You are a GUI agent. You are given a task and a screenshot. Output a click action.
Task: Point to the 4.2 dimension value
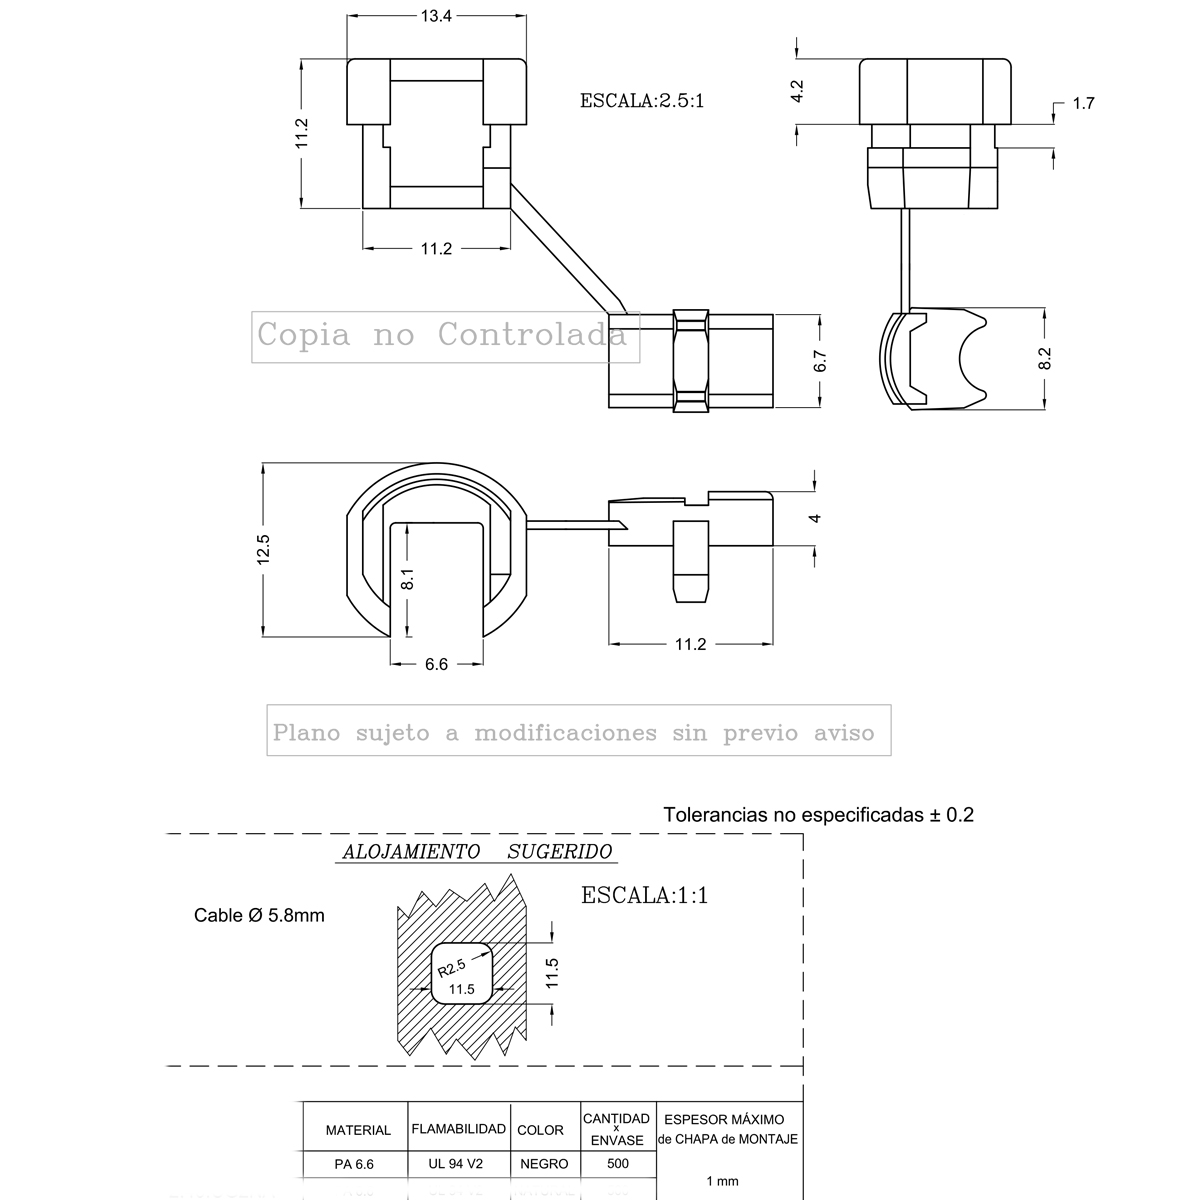797,92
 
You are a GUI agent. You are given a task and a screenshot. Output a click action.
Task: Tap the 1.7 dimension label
1083,103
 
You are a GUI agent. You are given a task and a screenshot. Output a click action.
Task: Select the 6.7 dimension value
821,362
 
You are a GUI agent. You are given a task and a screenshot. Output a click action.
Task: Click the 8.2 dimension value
1045,359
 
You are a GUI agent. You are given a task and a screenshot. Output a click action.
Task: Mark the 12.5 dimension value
263,549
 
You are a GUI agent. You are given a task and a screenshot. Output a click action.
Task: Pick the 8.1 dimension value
408,578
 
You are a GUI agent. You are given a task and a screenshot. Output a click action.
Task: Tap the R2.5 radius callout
451,968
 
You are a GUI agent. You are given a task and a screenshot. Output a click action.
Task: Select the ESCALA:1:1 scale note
645,895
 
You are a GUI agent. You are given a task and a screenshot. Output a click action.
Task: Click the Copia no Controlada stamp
445,335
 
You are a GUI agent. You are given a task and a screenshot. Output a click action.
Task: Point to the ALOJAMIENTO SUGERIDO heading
477,852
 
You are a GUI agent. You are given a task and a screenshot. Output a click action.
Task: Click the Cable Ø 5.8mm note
259,915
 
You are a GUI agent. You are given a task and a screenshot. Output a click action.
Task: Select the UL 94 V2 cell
458,1164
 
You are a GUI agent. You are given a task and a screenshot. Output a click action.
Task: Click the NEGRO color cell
544,1164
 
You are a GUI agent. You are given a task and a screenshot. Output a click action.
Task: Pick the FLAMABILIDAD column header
458,1129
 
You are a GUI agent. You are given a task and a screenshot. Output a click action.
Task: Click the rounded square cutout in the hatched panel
463,971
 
